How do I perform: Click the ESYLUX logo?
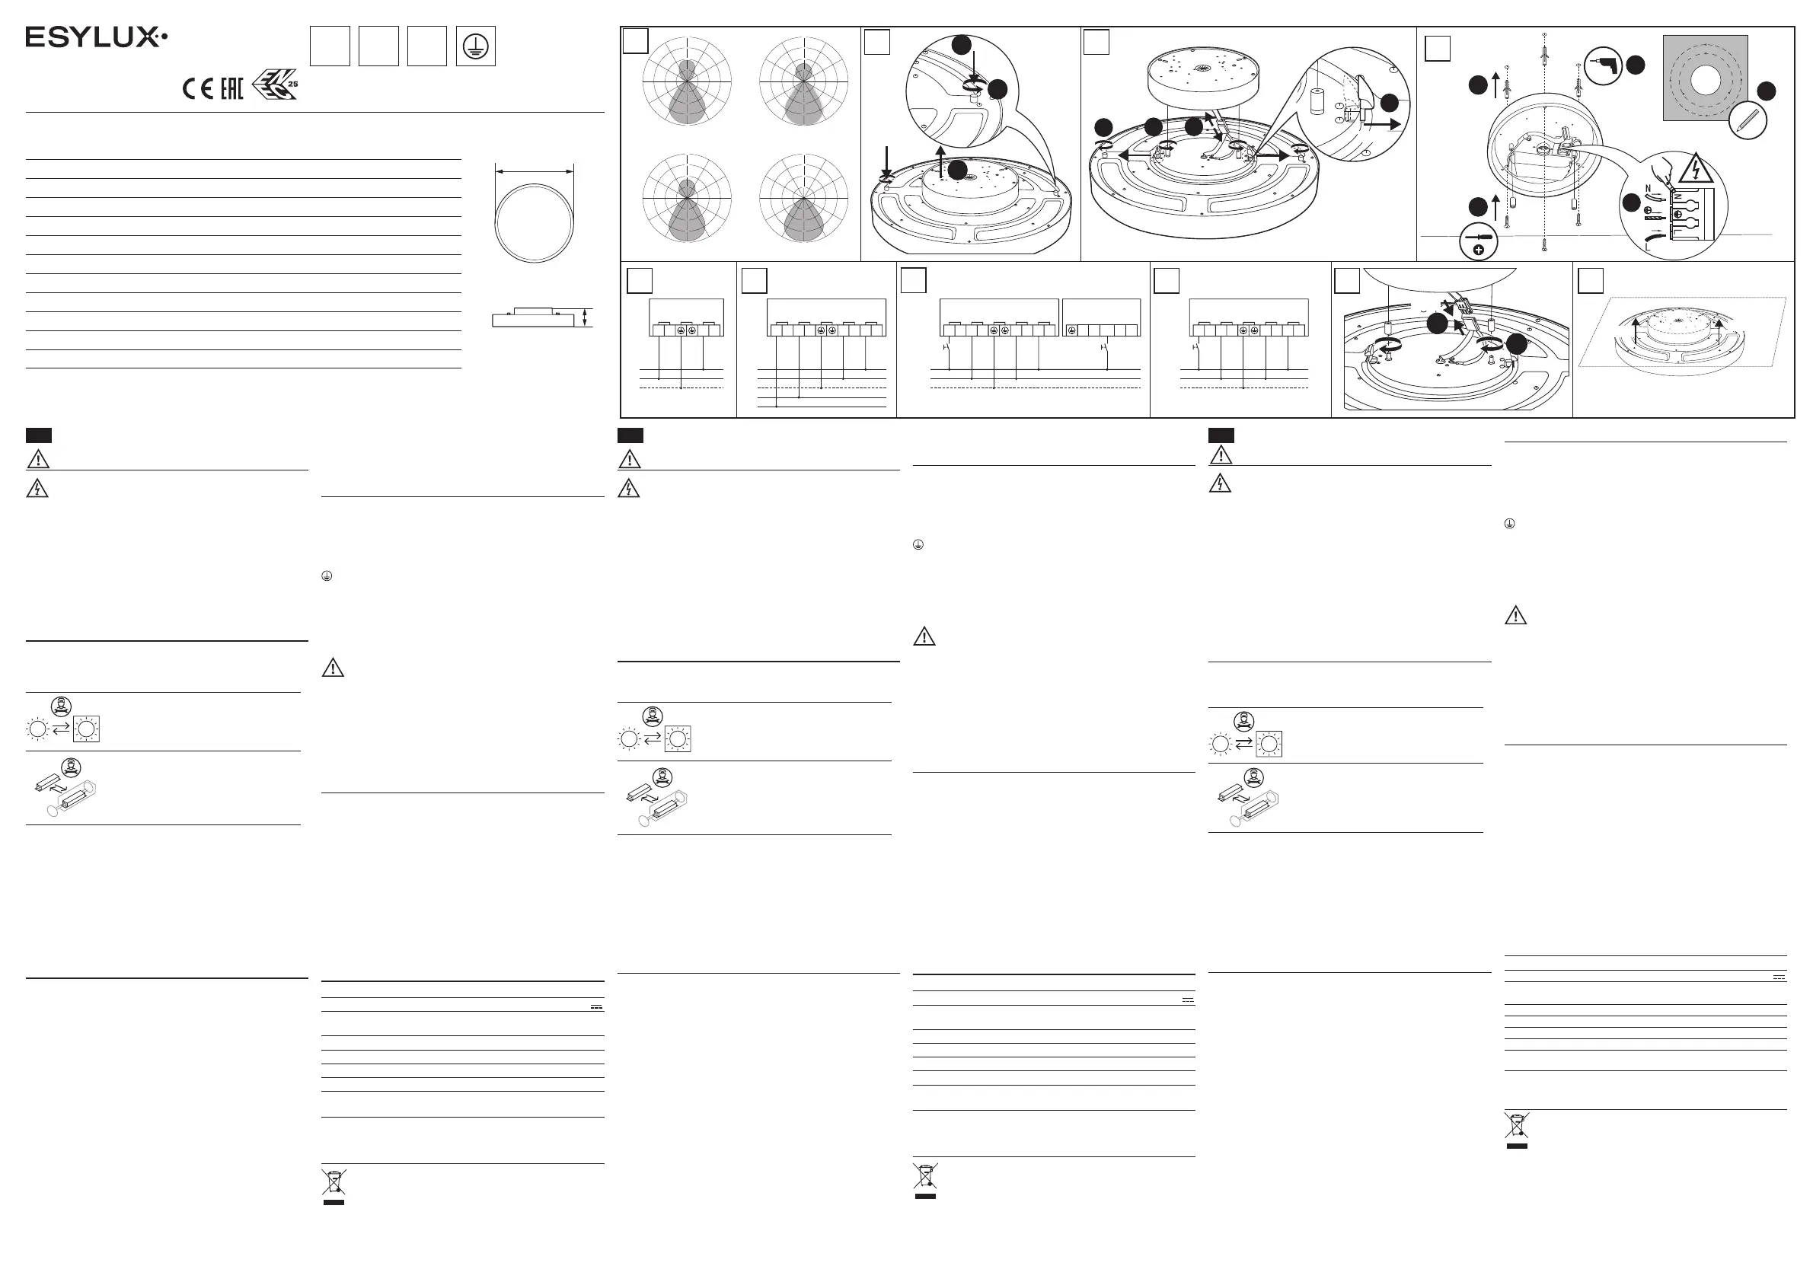tap(95, 37)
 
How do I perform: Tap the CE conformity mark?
tap(197, 88)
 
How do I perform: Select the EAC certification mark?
tap(231, 88)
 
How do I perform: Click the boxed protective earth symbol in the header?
tap(475, 46)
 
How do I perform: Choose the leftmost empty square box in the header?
tap(329, 46)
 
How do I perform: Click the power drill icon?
tap(1603, 65)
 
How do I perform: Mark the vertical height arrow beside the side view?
tap(584, 317)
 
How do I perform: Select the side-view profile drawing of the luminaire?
tap(531, 317)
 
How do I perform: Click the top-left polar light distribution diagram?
tap(687, 81)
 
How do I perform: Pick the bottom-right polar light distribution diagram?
tap(803, 198)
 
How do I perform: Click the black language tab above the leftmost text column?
tap(39, 435)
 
